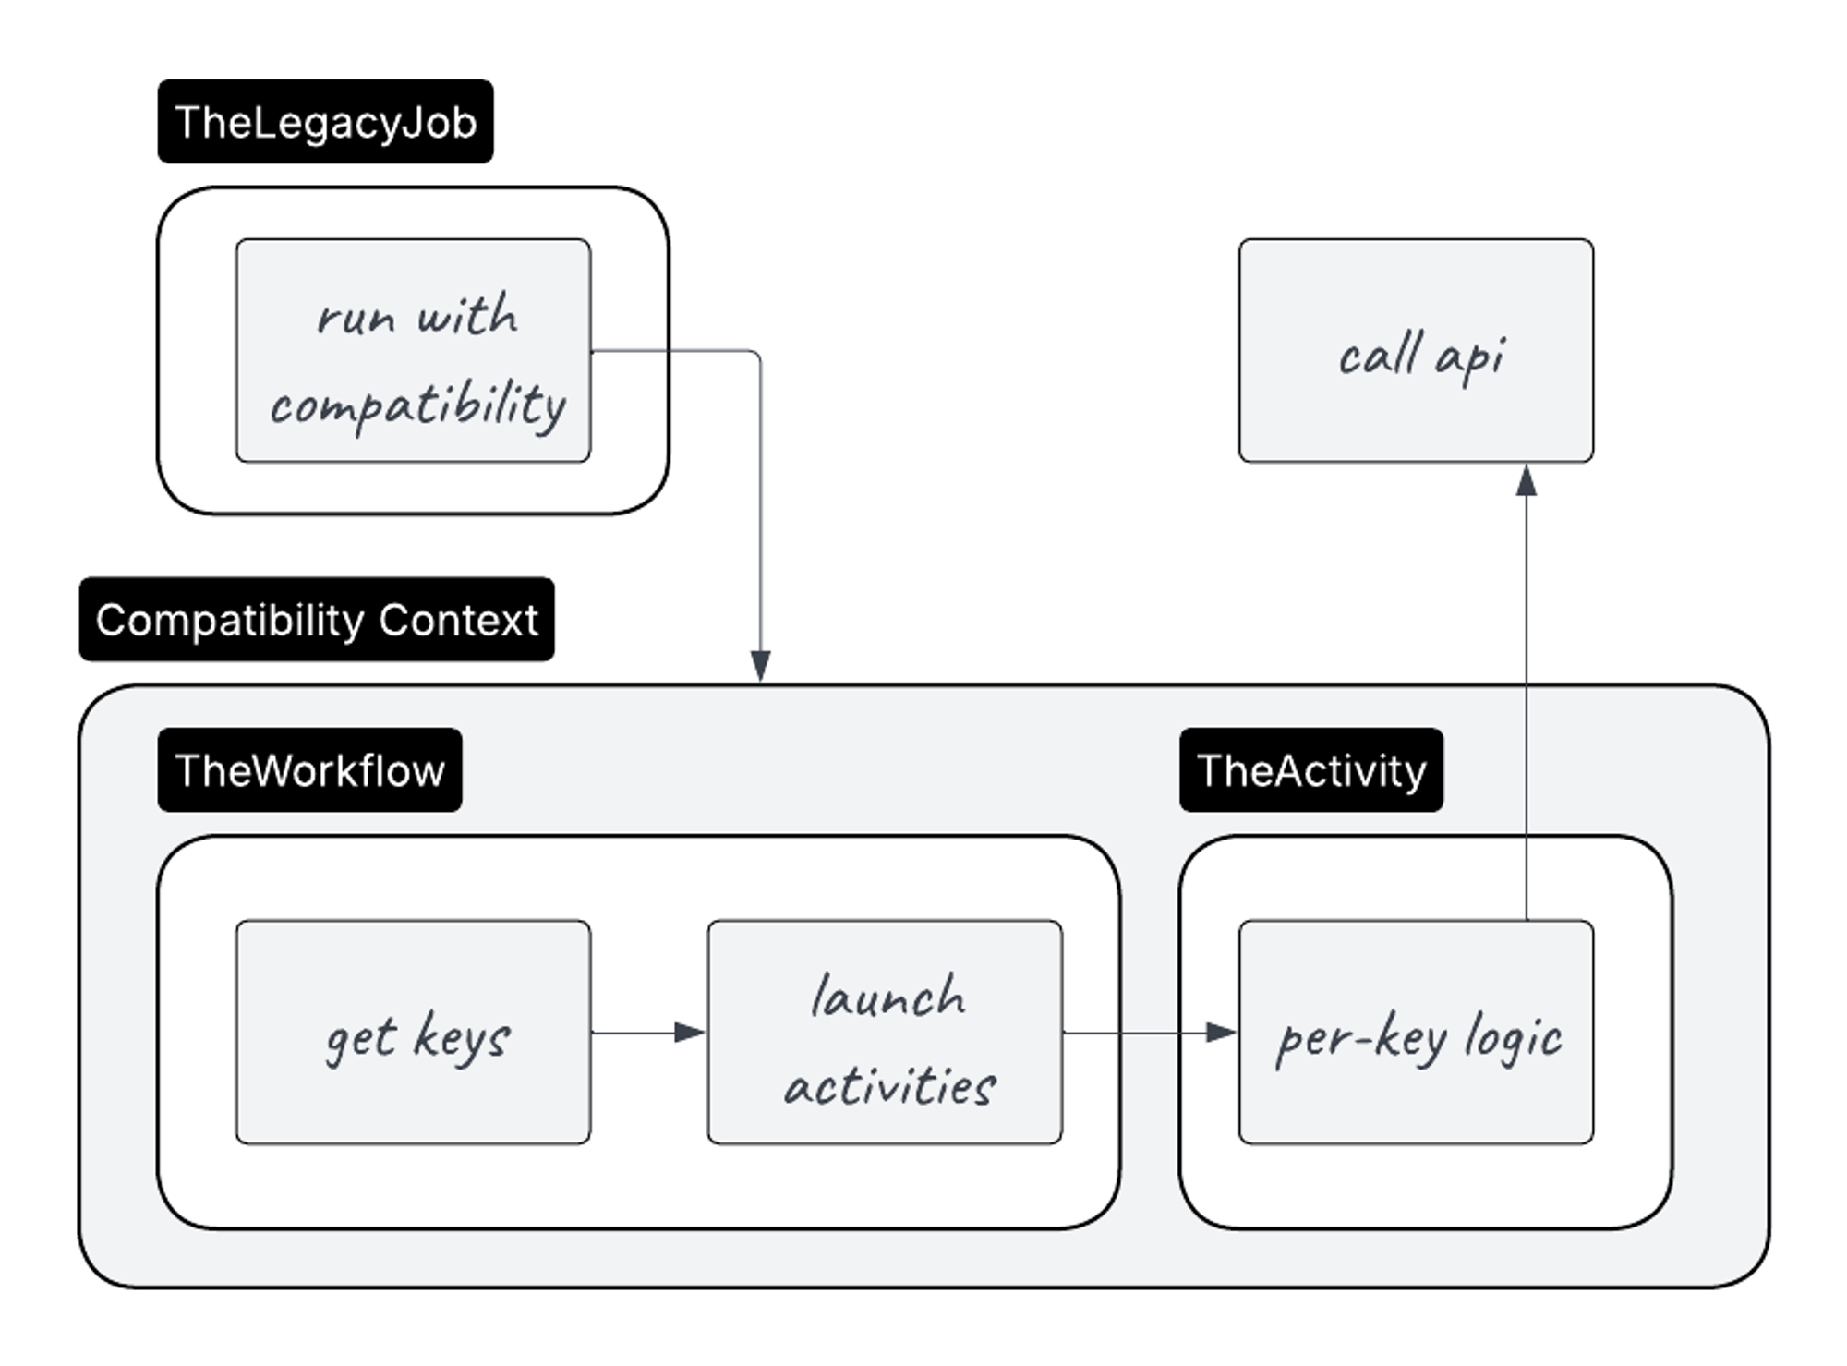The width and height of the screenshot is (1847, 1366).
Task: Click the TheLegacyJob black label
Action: [325, 122]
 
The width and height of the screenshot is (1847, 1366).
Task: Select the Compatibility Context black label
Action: [317, 620]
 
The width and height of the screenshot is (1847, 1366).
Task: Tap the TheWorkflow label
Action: [309, 770]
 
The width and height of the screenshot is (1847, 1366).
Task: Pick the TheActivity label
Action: [1310, 770]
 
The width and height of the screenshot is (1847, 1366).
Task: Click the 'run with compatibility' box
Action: [413, 351]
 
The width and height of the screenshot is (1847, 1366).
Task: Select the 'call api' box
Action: [1416, 351]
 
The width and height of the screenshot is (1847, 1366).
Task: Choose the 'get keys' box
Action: [413, 1032]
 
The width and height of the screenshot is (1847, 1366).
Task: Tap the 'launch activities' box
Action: [885, 1032]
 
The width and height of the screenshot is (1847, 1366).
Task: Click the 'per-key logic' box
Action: [1416, 1032]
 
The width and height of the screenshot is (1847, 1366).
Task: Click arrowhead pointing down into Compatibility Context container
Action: [760, 666]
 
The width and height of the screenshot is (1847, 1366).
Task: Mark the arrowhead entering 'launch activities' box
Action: [690, 1032]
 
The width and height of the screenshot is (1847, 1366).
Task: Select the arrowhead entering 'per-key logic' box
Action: [1221, 1032]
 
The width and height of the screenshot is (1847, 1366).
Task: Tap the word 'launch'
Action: [888, 997]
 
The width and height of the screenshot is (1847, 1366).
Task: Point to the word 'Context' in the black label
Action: [458, 620]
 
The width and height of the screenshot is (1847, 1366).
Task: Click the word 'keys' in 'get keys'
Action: [462, 1038]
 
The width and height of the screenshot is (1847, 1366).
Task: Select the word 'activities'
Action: [889, 1086]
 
